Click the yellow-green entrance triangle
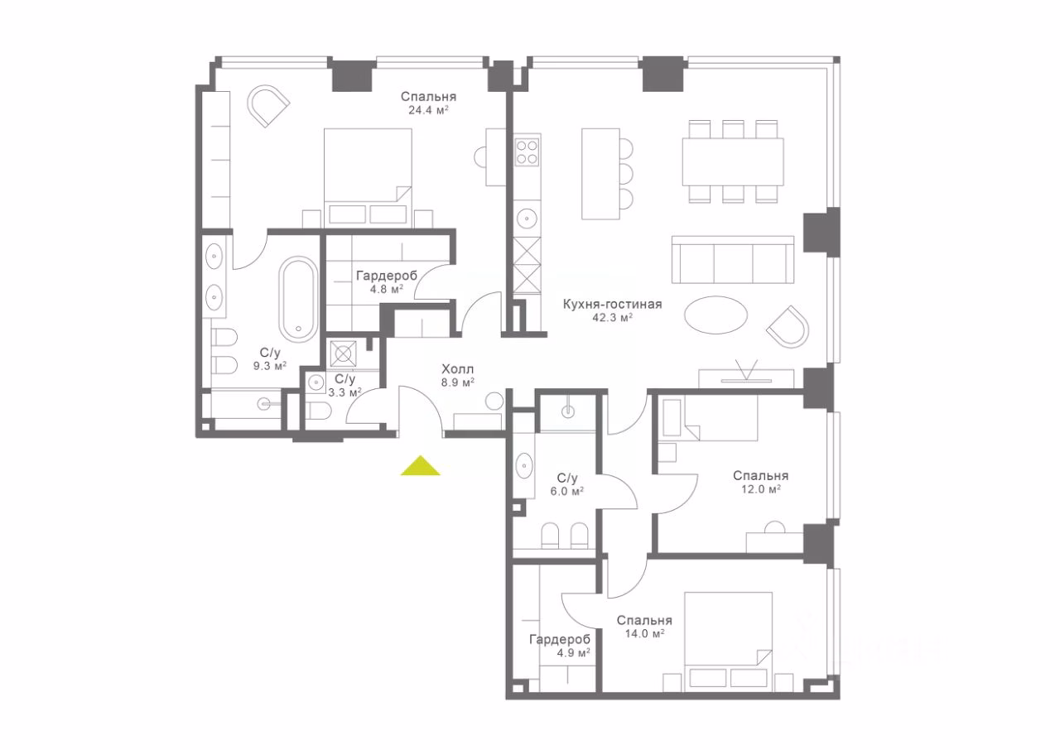click(x=421, y=465)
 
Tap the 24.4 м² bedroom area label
click(x=428, y=110)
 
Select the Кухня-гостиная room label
click(x=612, y=304)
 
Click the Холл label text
click(x=458, y=369)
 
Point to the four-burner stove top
click(x=528, y=151)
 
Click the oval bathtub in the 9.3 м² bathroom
click(x=299, y=300)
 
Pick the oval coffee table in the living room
click(x=716, y=315)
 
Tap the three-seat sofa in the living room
click(x=733, y=260)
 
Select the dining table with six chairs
click(x=733, y=161)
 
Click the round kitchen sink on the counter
click(x=527, y=218)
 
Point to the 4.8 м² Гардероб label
click(x=387, y=281)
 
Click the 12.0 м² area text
click(x=761, y=489)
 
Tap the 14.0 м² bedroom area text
click(x=645, y=633)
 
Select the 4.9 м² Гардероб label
click(x=561, y=646)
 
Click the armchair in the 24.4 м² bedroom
click(x=267, y=106)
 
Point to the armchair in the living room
click(x=788, y=327)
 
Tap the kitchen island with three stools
click(x=607, y=174)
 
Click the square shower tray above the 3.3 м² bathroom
click(x=343, y=353)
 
